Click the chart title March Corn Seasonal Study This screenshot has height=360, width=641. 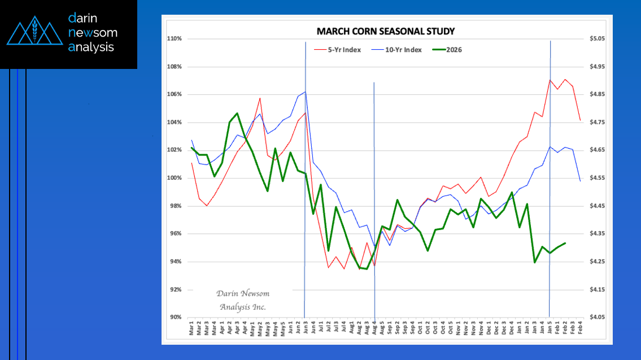385,31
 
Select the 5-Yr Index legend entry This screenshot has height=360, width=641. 344,50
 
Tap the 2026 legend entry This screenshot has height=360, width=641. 454,50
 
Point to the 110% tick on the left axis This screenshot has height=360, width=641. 174,39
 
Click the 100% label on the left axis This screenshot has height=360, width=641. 174,178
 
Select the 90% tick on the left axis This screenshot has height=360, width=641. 175,318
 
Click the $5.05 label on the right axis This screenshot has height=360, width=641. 596,39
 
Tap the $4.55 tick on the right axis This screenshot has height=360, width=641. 596,178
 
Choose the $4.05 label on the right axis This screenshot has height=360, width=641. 596,318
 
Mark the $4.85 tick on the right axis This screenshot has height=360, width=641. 596,94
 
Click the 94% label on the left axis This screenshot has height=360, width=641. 175,262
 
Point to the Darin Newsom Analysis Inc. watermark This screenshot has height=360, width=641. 242,300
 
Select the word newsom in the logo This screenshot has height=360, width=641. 92,33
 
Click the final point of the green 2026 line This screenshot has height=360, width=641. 565,243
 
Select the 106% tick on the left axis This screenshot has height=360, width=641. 174,94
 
